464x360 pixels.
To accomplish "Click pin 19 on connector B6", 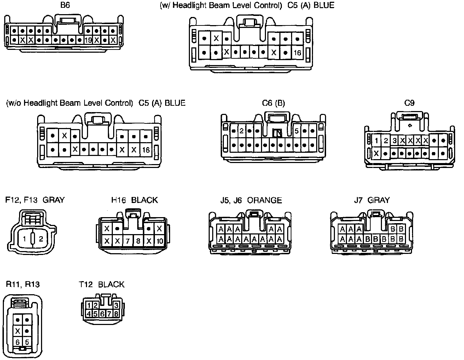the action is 88,40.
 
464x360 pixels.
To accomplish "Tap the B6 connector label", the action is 65,6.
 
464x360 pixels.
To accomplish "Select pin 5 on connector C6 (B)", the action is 296,131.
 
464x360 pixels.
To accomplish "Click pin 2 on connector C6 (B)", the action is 242,131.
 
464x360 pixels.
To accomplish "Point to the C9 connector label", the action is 409,103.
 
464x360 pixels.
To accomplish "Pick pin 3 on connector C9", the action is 394,141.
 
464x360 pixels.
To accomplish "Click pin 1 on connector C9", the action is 377,141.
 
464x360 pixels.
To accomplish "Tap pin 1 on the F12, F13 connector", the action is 24,239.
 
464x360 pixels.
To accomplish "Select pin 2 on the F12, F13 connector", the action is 41,239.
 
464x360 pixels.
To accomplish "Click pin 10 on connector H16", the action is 159,241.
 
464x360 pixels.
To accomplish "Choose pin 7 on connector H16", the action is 128,241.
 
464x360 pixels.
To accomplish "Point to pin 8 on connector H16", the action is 138,241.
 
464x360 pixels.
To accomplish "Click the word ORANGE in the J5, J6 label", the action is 265,200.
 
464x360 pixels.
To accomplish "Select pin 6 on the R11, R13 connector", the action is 18,342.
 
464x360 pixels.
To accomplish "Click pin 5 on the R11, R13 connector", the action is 27,342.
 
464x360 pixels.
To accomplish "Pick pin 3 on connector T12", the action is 116,305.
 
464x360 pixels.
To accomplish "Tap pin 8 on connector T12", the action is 116,313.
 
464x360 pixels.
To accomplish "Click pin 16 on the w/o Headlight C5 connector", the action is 146,150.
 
